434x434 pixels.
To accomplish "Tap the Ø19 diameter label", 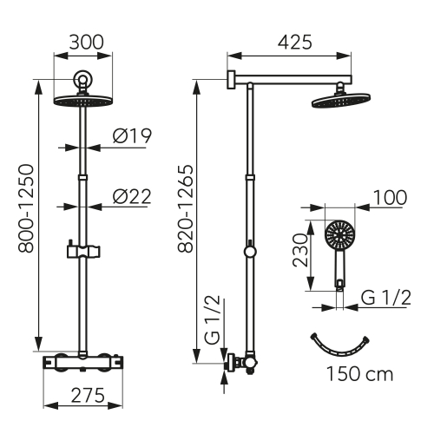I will click(132, 137).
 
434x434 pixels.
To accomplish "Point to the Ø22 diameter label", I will click(132, 197).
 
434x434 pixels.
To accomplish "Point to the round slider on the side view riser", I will click(250, 253).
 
